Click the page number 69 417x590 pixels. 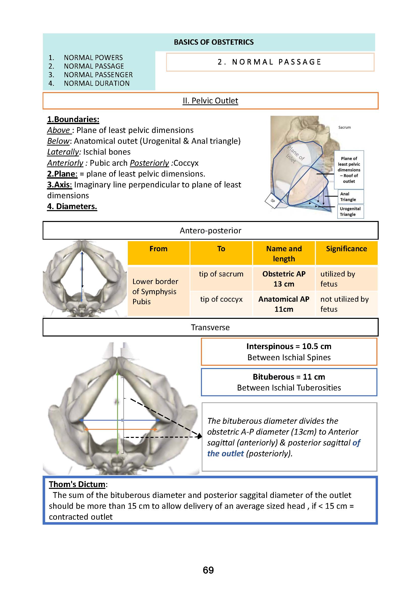208,570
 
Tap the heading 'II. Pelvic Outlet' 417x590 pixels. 210,101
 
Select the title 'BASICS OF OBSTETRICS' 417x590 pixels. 214,42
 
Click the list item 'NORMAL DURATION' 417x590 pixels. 97,83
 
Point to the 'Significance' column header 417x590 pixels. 346,249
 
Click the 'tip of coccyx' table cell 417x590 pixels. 221,299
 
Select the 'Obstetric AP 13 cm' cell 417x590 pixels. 284,279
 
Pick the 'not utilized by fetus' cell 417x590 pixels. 344,304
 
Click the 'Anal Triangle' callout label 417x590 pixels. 348,196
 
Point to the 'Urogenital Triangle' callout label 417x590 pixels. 350,211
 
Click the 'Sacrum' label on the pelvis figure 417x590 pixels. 344,127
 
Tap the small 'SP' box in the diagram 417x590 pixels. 273,201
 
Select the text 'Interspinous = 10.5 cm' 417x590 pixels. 289,346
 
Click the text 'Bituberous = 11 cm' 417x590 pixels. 289,377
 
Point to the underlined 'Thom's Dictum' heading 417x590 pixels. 77,484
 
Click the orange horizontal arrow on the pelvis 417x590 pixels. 121,429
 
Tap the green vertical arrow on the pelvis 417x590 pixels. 117,411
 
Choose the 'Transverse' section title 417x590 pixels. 210,327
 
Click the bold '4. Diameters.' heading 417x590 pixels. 72,206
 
